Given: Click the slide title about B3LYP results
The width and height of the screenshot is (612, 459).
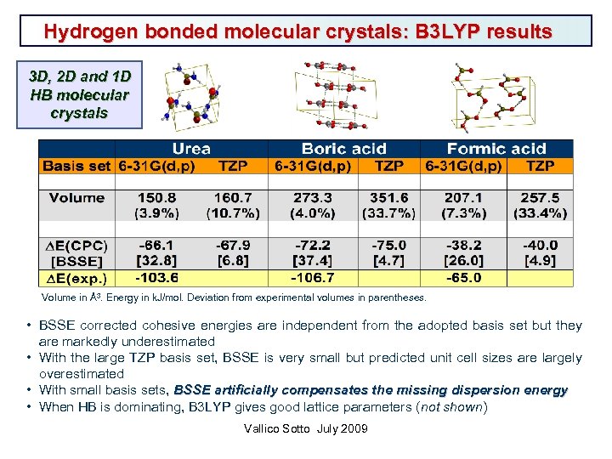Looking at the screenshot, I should (x=298, y=32).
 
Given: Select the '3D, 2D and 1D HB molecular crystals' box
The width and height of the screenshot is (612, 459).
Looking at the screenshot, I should (x=79, y=95).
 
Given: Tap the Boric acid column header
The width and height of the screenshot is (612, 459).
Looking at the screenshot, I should (x=343, y=149).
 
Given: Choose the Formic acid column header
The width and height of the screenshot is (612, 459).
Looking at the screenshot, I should (x=496, y=149).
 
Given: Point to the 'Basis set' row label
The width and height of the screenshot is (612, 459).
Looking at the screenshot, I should (x=76, y=166).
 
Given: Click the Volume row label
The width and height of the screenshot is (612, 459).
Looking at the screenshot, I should (x=76, y=198).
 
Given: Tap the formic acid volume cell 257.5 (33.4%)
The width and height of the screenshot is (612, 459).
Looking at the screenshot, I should (x=541, y=205).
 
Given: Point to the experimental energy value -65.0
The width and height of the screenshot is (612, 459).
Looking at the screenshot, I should (x=463, y=278).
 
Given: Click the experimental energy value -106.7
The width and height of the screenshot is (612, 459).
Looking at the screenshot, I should (x=313, y=278).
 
